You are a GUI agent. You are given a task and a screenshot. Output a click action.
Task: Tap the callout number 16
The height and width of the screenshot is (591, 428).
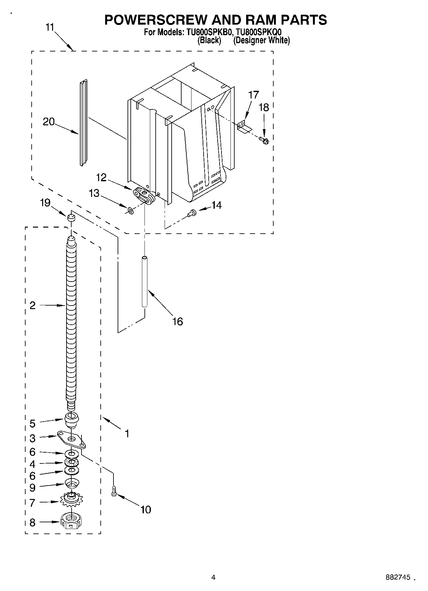(x=177, y=321)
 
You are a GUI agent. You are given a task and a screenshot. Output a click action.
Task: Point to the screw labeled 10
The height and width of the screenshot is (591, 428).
(x=113, y=491)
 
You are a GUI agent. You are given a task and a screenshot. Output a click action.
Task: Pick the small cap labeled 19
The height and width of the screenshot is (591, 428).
(x=71, y=218)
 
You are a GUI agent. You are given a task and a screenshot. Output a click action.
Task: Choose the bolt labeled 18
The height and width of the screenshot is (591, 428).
(x=264, y=140)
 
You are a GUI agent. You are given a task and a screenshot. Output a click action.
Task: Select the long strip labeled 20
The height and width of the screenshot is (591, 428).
(x=83, y=123)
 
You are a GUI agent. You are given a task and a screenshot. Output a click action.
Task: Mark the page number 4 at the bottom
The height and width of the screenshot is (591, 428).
(x=213, y=577)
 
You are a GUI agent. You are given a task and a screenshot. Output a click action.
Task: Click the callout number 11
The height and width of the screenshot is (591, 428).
(x=50, y=27)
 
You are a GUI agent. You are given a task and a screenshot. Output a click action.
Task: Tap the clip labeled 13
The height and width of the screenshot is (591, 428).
(x=130, y=210)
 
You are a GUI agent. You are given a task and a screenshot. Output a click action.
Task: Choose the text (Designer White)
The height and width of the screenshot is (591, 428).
(x=261, y=40)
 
